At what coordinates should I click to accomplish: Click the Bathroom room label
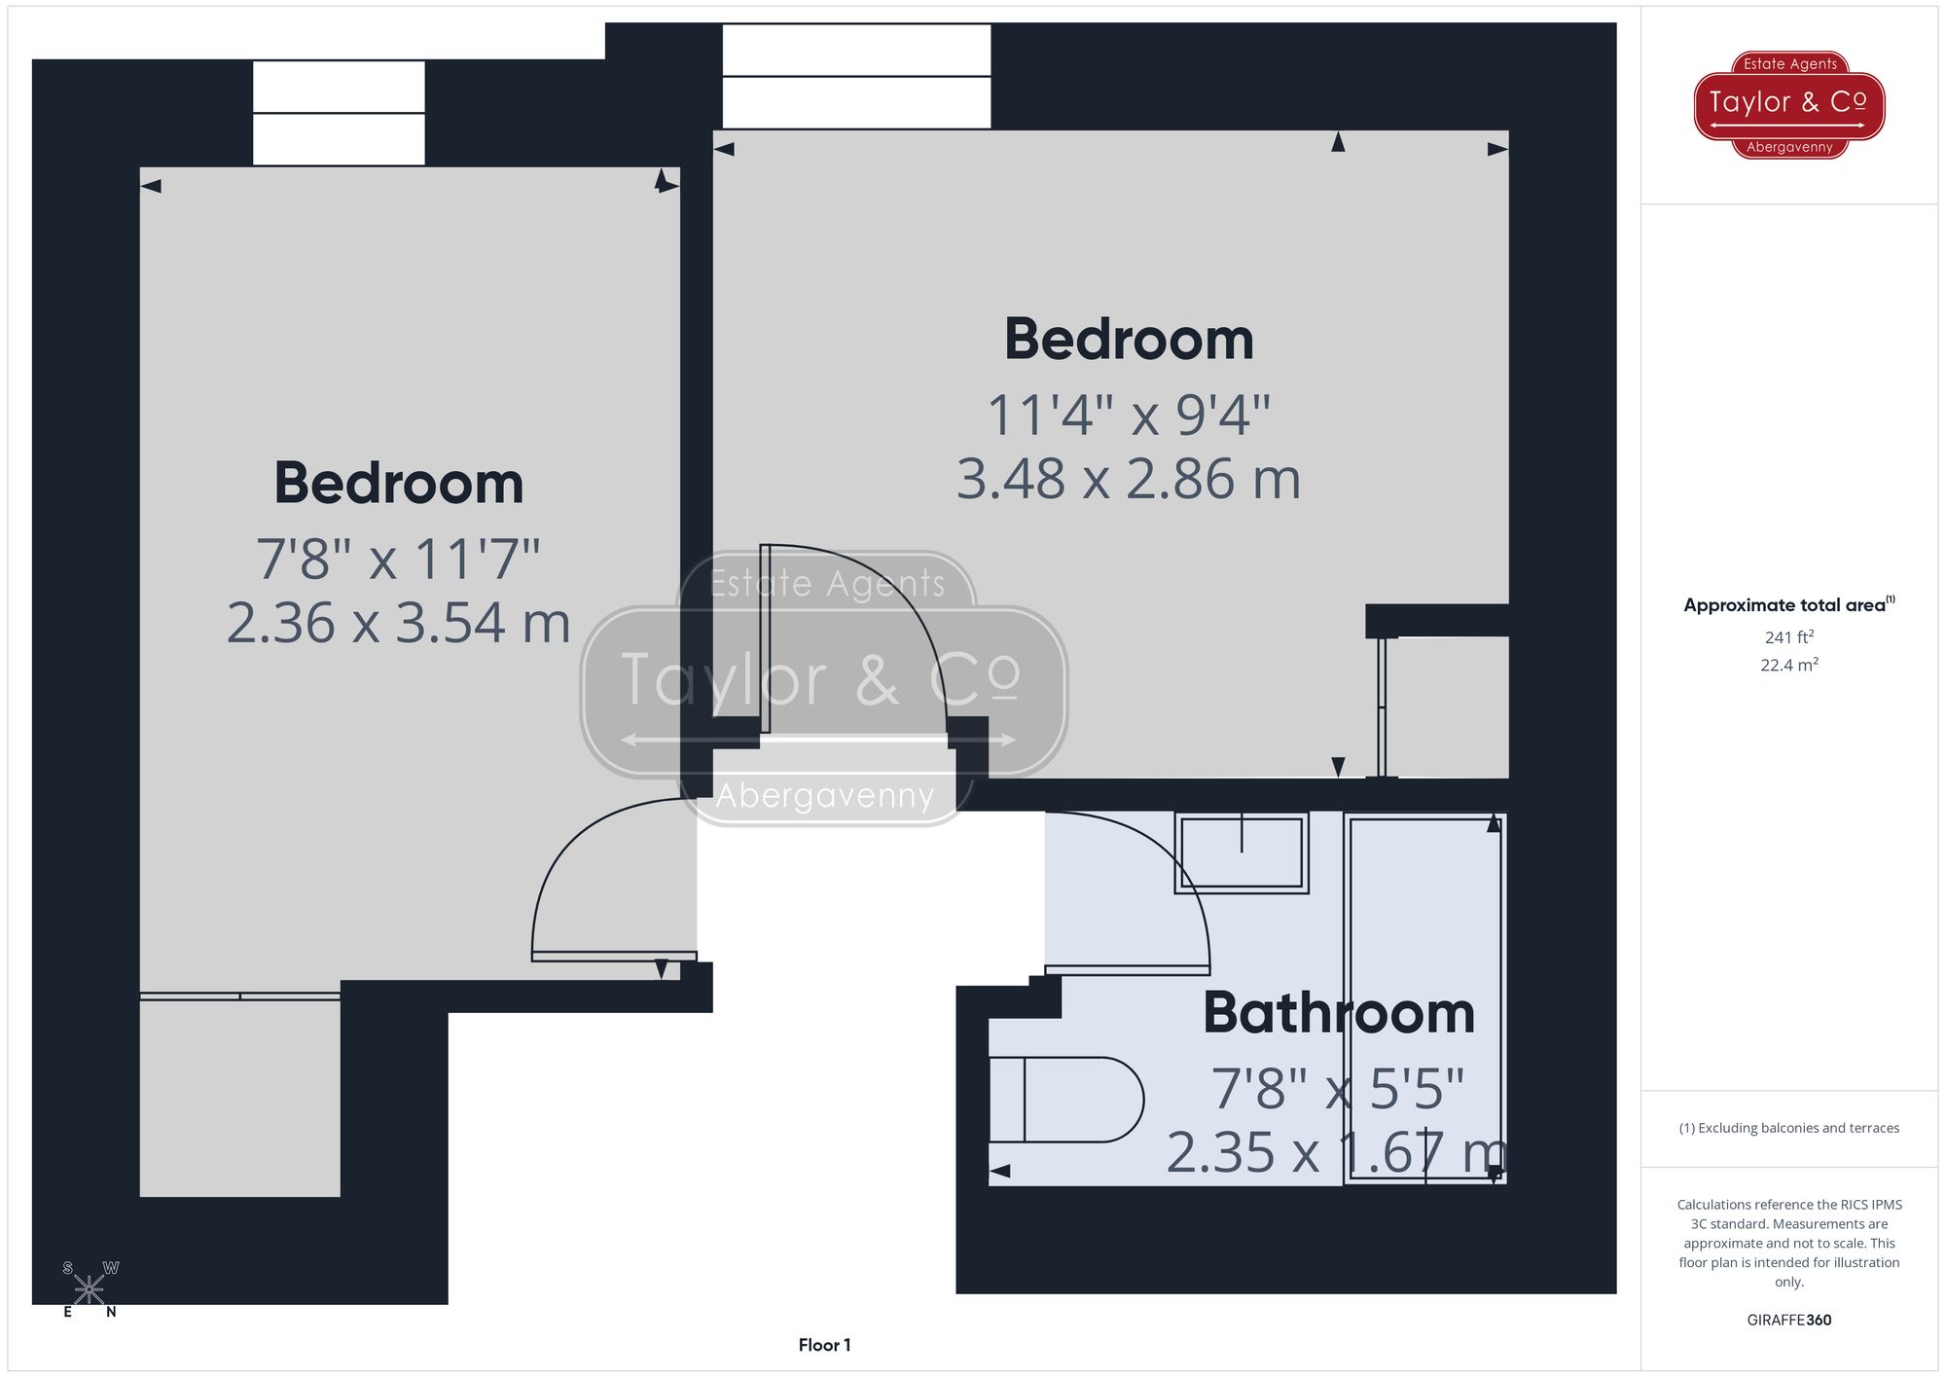(x=1339, y=1013)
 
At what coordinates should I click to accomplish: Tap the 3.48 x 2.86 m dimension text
(x=1129, y=479)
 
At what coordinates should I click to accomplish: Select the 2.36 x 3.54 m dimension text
(x=398, y=623)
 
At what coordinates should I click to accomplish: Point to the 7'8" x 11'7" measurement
(x=398, y=560)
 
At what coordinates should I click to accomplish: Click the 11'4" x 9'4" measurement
(x=1129, y=416)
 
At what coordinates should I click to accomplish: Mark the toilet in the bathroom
(x=1066, y=1099)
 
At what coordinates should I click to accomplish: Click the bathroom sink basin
(x=1241, y=852)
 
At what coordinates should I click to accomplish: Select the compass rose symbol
(x=90, y=1289)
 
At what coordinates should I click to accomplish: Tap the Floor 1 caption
(x=824, y=1345)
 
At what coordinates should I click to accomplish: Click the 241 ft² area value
(x=1788, y=637)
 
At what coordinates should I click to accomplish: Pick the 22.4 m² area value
(x=1788, y=666)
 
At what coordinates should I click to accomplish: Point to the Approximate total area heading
(x=1788, y=604)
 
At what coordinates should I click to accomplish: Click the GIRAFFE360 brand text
(x=1788, y=1321)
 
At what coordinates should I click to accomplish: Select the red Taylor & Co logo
(x=1788, y=104)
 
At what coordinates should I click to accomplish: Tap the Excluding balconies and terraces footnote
(x=1788, y=1128)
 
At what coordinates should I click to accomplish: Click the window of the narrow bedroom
(x=339, y=113)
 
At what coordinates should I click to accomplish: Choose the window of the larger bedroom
(x=856, y=77)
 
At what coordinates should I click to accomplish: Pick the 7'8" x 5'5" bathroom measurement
(x=1337, y=1089)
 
